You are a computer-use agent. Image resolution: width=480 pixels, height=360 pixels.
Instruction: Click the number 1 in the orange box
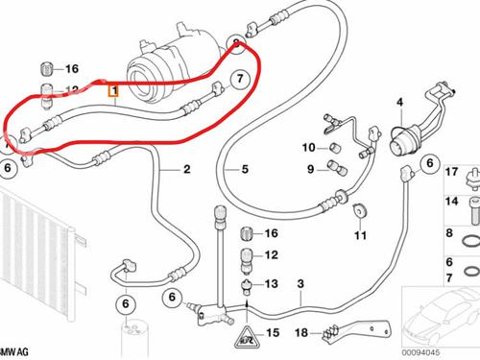point(113,93)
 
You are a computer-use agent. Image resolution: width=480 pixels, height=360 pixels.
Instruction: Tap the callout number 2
point(187,170)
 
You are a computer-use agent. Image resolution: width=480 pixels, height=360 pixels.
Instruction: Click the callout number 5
point(245,170)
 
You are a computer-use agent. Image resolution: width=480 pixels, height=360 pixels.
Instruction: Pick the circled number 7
point(240,79)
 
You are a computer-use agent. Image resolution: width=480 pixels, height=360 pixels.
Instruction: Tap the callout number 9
point(310,170)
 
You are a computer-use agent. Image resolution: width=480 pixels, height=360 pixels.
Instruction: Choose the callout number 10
point(308,147)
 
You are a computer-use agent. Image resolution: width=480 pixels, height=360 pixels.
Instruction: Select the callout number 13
point(271,285)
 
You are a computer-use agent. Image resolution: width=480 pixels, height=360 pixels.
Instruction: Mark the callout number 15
point(272,333)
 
